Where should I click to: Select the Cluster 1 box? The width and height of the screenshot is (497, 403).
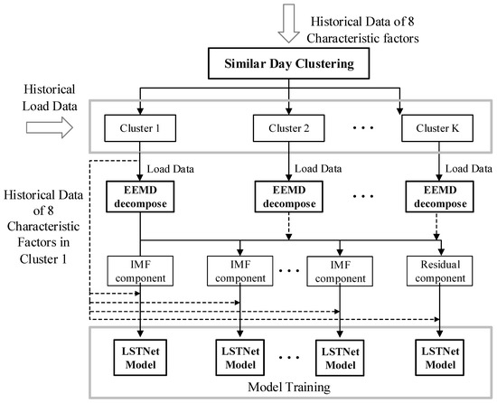tap(139, 128)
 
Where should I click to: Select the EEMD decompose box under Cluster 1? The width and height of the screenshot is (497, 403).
tap(139, 198)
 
